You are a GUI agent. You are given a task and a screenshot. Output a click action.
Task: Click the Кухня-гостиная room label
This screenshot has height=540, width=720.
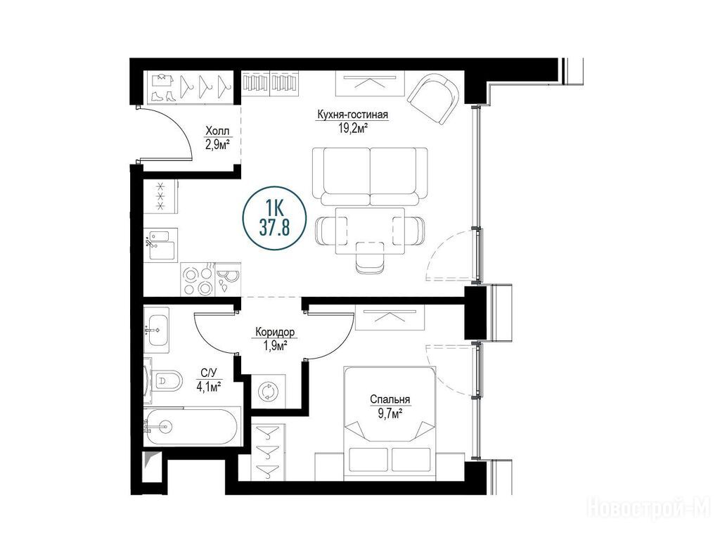point(352,114)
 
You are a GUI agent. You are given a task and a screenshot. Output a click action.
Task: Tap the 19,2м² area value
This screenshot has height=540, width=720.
point(352,128)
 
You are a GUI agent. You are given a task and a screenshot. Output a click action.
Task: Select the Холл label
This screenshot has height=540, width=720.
point(217,131)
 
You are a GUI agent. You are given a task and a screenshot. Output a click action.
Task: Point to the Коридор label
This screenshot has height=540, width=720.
point(275,332)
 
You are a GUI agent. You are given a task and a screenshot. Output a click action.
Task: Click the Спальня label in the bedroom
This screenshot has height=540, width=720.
point(390,399)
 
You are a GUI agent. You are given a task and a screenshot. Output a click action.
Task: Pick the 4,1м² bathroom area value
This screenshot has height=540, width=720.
point(209,387)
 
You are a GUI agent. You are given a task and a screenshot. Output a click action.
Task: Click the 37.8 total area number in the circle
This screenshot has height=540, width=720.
point(274,228)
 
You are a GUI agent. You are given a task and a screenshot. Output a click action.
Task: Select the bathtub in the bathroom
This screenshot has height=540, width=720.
point(192,425)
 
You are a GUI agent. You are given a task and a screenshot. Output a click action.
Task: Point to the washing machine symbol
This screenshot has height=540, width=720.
point(268,392)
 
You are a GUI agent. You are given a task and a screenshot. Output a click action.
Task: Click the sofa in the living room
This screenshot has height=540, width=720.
point(370,176)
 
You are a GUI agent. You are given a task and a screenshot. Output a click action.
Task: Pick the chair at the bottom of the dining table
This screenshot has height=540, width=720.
point(370,258)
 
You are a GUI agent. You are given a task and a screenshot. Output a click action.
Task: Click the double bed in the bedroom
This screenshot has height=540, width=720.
point(390,423)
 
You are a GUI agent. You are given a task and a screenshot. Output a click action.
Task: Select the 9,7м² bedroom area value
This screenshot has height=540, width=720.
point(390,413)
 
